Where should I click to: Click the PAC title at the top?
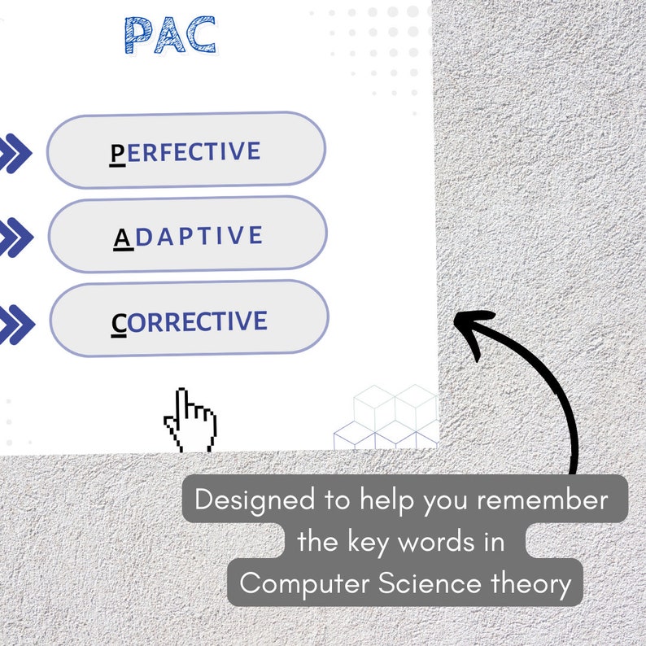pos(170,35)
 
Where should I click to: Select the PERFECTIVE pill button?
pos(186,151)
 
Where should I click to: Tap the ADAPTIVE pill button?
pos(187,236)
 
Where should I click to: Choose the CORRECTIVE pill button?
pos(189,321)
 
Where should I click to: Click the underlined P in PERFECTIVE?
pos(118,153)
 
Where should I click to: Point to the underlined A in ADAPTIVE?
pos(122,238)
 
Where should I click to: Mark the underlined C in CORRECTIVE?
pos(119,323)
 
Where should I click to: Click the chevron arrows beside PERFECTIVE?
pos(15,154)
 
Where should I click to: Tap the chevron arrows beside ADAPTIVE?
pos(15,238)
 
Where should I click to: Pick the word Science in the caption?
pos(436,583)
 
